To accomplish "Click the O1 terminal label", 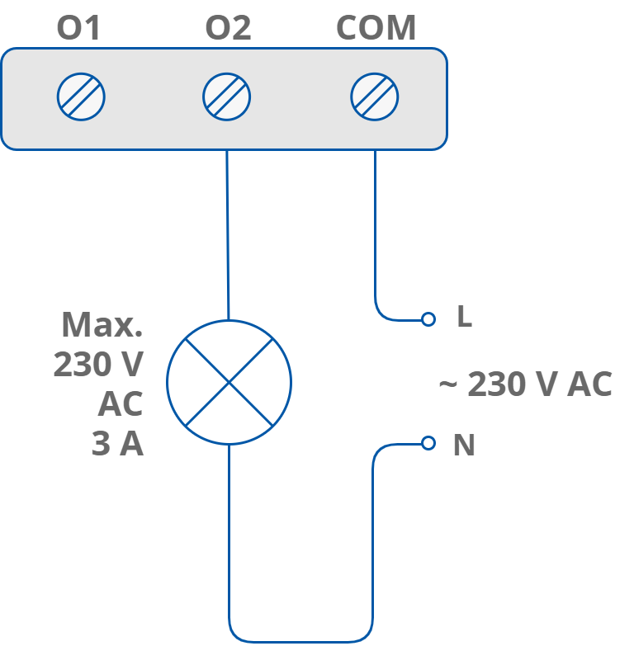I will tap(78, 28).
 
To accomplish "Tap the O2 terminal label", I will tap(228, 28).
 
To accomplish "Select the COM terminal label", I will tap(376, 28).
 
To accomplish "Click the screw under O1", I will tap(81, 97).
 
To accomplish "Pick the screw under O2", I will tap(227, 97).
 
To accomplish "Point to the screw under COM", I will tap(375, 97).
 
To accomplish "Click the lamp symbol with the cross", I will tap(229, 382).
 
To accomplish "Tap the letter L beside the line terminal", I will tap(464, 318).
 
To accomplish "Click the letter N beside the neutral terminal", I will tap(464, 446).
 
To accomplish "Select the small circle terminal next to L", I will tap(428, 318).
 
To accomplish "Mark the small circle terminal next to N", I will tap(428, 443).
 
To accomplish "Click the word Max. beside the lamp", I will tap(102, 325).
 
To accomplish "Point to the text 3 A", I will tap(117, 445).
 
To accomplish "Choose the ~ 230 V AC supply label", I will tap(525, 384).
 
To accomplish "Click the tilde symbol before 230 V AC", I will tap(447, 385).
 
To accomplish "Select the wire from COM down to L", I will tap(376, 231).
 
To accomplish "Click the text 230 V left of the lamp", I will tap(98, 365).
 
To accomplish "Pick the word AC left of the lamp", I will tap(121, 404).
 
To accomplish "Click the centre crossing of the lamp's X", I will tap(229, 382).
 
